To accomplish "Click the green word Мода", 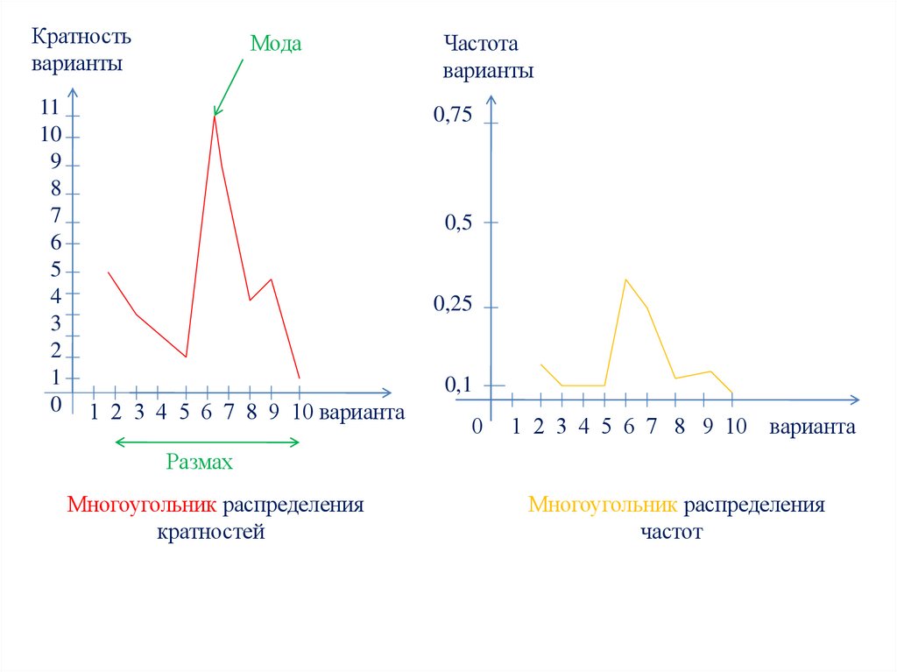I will click(x=276, y=44).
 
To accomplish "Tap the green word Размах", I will click(x=200, y=463).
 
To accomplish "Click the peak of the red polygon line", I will click(x=215, y=117).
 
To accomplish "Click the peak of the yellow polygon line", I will click(x=625, y=279).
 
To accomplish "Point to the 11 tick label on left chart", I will click(x=49, y=108).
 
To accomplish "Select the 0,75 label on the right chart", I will click(x=453, y=115).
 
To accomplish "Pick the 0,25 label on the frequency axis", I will click(x=453, y=305).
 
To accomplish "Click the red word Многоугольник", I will click(x=142, y=506).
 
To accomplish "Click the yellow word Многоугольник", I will click(x=603, y=506).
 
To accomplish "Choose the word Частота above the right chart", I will click(x=481, y=44).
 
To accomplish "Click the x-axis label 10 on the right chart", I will click(x=735, y=427).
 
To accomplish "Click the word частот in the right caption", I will click(x=671, y=532).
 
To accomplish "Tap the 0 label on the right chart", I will click(x=477, y=428).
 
